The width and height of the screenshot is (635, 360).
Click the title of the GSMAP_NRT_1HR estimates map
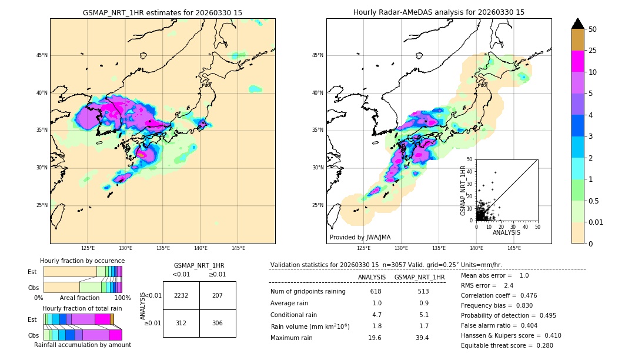pyautogui.click(x=162, y=12)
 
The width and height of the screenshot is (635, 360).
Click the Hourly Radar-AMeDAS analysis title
pyautogui.click(x=439, y=12)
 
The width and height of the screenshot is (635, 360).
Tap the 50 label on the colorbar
pyautogui.click(x=593, y=29)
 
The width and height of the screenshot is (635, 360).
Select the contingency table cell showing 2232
pyautogui.click(x=181, y=295)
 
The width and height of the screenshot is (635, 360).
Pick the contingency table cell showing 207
pyautogui.click(x=218, y=295)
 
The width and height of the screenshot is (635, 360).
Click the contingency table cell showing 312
pyautogui.click(x=181, y=323)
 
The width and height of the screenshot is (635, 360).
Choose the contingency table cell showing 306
pyautogui.click(x=218, y=323)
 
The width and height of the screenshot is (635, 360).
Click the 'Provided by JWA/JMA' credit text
pyautogui.click(x=360, y=237)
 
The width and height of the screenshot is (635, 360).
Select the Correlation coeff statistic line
pyautogui.click(x=498, y=295)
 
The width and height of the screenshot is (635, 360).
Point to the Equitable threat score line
pyautogui.click(x=507, y=345)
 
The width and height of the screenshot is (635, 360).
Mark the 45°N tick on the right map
pyautogui.click(x=317, y=55)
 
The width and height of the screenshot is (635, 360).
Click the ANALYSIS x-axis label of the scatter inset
pyautogui.click(x=506, y=232)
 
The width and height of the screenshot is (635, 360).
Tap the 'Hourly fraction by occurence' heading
pyautogui.click(x=82, y=261)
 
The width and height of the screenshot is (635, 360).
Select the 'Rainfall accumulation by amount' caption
pyautogui.click(x=82, y=345)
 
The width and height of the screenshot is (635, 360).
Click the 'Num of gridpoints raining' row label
pyautogui.click(x=308, y=291)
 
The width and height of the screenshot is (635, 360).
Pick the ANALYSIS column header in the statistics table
pyautogui.click(x=372, y=277)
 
